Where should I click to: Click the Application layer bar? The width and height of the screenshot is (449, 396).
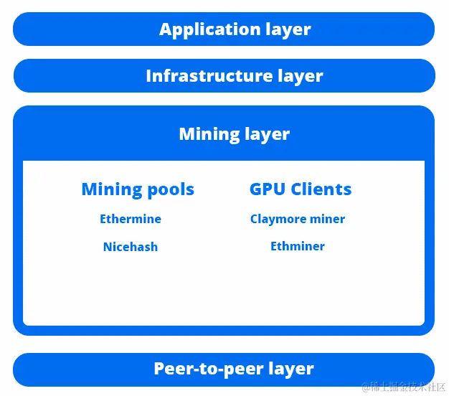224,29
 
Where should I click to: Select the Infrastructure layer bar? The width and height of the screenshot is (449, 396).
224,76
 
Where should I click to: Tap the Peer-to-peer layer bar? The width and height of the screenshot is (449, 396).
224,369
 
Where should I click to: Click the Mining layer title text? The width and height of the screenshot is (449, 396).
234,134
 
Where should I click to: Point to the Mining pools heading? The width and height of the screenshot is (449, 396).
138,189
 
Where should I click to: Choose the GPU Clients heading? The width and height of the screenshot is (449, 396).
301,189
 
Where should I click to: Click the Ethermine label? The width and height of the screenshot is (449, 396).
131,219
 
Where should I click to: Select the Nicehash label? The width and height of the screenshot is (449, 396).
131,247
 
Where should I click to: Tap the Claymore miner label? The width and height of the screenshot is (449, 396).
298,219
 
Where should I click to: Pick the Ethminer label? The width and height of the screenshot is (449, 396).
298,246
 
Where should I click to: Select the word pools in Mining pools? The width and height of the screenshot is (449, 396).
170,189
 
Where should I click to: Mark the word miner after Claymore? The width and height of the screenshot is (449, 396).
329,219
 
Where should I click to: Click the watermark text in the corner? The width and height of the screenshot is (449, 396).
404,387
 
